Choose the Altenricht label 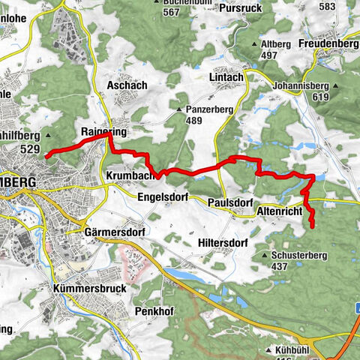(x=279, y=212)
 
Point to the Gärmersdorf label (x=115, y=232)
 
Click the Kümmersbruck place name (x=88, y=288)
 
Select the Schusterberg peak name (x=298, y=256)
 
